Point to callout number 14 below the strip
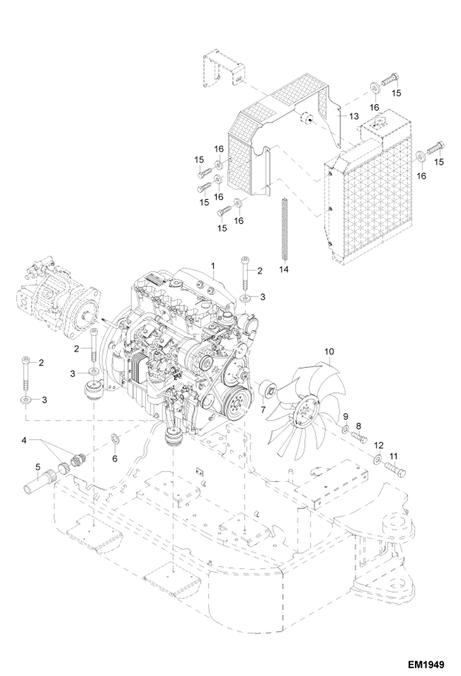coord(284,269)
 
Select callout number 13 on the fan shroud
coord(354,116)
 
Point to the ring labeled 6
coord(115,438)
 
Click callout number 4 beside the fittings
coord(24,441)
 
